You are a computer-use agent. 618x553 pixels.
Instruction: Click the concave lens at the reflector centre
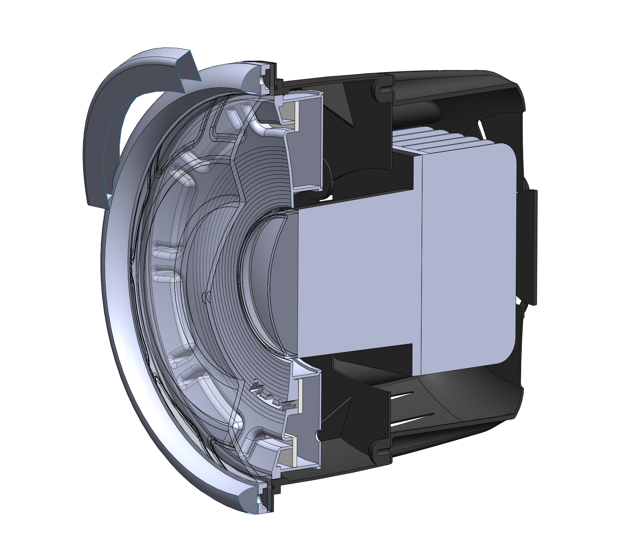pyautogui.click(x=261, y=281)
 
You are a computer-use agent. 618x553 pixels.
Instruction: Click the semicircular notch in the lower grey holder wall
pyautogui.click(x=318, y=434)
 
